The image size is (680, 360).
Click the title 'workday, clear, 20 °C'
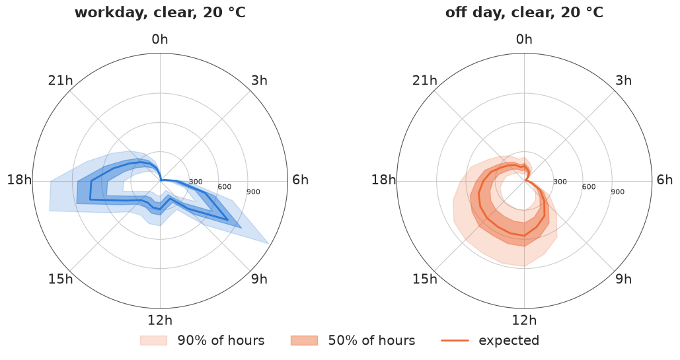click(x=160, y=13)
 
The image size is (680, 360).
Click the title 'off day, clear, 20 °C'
click(x=524, y=13)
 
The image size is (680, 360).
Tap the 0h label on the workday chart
click(x=160, y=40)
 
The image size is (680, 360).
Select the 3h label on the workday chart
click(x=259, y=81)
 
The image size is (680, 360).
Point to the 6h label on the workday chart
click(x=300, y=180)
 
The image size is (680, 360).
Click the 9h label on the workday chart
click(x=259, y=279)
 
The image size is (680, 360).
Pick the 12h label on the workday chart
click(x=160, y=320)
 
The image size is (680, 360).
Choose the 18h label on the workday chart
click(x=20, y=180)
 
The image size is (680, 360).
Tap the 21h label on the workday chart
click(x=60, y=81)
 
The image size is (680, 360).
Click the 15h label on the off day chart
click(x=424, y=279)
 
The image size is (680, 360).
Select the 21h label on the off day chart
click(x=424, y=81)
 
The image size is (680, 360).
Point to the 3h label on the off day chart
click(x=624, y=81)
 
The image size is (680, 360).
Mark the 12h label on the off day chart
click(x=524, y=320)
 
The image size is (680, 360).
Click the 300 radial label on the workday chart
click(x=196, y=182)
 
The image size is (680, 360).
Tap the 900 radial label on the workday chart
click(x=253, y=192)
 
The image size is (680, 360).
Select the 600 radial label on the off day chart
click(x=589, y=187)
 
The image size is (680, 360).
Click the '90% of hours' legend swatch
click(x=153, y=340)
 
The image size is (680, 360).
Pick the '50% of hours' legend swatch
click(x=305, y=340)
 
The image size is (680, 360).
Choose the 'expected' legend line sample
click(x=455, y=340)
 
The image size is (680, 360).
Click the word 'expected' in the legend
click(x=509, y=341)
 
